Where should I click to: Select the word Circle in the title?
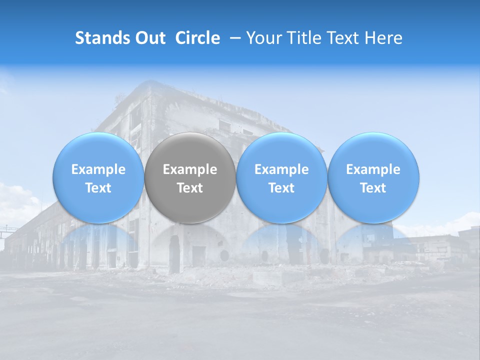coord(197,38)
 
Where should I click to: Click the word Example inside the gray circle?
coord(190,169)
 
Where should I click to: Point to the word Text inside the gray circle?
coord(190,188)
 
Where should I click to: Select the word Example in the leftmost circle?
coord(98,169)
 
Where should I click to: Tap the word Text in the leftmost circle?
coord(98,188)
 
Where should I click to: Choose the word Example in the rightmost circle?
coord(373,169)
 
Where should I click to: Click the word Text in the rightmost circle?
coord(373,188)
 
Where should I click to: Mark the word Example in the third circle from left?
coord(281,169)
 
